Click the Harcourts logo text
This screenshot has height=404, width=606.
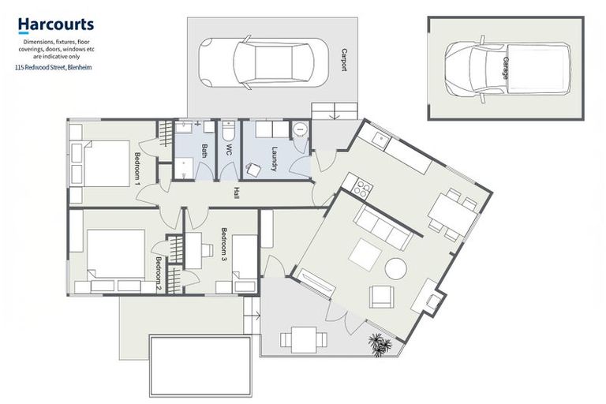point(56,26)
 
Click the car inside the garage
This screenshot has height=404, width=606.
point(506,67)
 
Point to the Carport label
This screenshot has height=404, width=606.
point(343,59)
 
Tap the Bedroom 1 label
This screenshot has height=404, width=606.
point(138,167)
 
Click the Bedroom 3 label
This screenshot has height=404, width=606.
point(224,245)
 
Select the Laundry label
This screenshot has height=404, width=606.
point(275,153)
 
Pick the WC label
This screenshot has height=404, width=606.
point(229,150)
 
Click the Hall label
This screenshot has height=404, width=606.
point(235,193)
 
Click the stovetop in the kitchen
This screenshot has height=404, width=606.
point(362,188)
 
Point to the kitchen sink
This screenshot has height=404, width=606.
point(381,140)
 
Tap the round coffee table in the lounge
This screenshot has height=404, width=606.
point(395,268)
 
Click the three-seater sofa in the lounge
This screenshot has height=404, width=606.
point(383,229)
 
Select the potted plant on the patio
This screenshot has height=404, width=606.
point(380,344)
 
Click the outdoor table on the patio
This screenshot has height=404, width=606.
point(303,339)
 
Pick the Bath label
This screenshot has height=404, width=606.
point(203,151)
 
